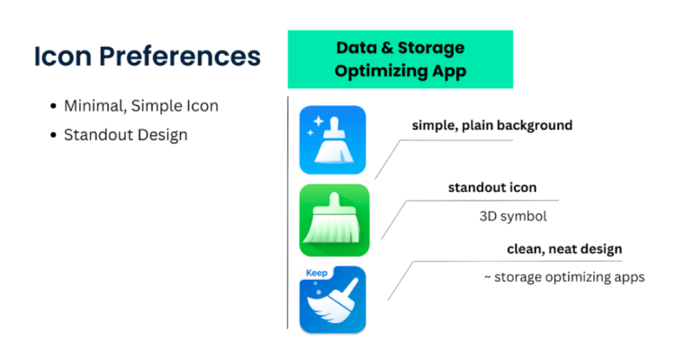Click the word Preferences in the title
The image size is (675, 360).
point(179,57)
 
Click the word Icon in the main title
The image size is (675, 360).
point(63,57)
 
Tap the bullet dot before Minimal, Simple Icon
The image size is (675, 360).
point(53,106)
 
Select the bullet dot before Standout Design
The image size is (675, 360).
point(53,135)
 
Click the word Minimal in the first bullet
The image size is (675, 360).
point(95,106)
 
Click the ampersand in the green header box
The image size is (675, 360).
point(387,48)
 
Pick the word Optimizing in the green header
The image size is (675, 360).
point(380,71)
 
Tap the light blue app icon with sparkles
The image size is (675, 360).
point(333,140)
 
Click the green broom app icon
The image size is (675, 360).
point(335,220)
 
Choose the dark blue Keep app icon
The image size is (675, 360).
point(333,300)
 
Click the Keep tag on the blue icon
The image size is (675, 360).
point(317,273)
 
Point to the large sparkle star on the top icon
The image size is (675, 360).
point(318,121)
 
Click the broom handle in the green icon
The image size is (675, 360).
point(334,200)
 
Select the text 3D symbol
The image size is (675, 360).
point(513,216)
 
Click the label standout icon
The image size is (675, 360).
point(492,188)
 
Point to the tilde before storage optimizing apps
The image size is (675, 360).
point(488,278)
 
